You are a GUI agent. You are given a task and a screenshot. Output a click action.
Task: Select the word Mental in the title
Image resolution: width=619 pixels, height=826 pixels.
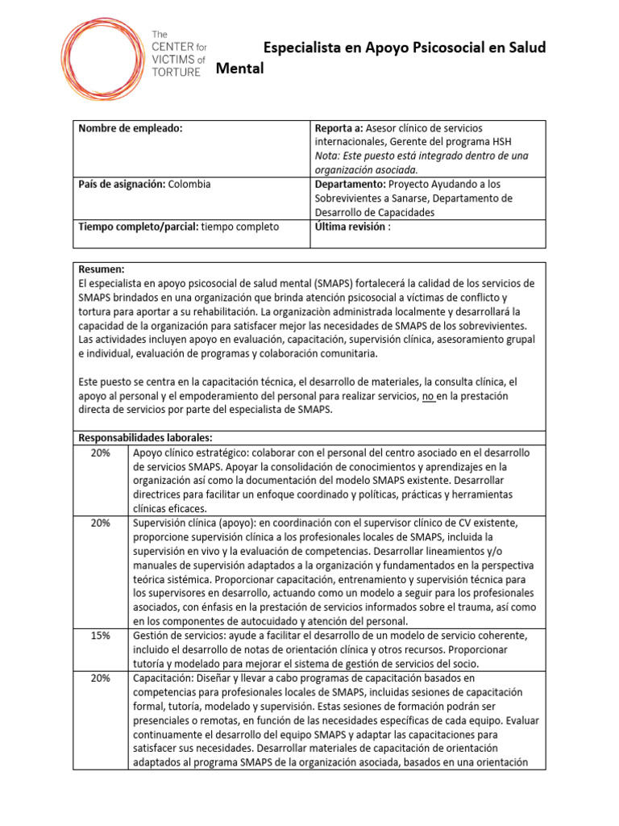point(240,69)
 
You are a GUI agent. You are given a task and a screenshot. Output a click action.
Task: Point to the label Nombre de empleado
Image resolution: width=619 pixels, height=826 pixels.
point(130,129)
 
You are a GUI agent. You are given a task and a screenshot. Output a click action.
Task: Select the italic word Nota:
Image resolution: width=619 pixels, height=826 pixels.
point(329,155)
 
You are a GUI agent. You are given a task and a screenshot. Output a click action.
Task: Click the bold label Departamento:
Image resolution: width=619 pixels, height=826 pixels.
point(347,184)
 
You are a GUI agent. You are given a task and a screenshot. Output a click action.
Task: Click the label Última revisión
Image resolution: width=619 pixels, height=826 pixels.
point(349,227)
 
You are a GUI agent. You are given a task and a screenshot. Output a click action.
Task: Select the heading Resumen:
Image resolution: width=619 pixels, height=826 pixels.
point(101,269)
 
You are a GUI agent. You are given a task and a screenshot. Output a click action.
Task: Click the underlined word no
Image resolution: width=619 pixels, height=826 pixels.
point(429,396)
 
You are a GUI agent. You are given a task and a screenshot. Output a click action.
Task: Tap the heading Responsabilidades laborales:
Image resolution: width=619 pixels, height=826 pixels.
point(145,437)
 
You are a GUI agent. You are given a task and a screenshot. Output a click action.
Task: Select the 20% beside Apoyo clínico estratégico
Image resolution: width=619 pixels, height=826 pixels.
point(101,453)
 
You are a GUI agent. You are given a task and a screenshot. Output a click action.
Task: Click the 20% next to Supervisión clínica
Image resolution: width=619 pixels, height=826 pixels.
point(101,523)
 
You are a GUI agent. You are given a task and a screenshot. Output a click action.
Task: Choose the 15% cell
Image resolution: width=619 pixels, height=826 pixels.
point(101,636)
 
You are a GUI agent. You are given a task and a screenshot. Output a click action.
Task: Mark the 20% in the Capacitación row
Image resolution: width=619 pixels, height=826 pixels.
point(101,678)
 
